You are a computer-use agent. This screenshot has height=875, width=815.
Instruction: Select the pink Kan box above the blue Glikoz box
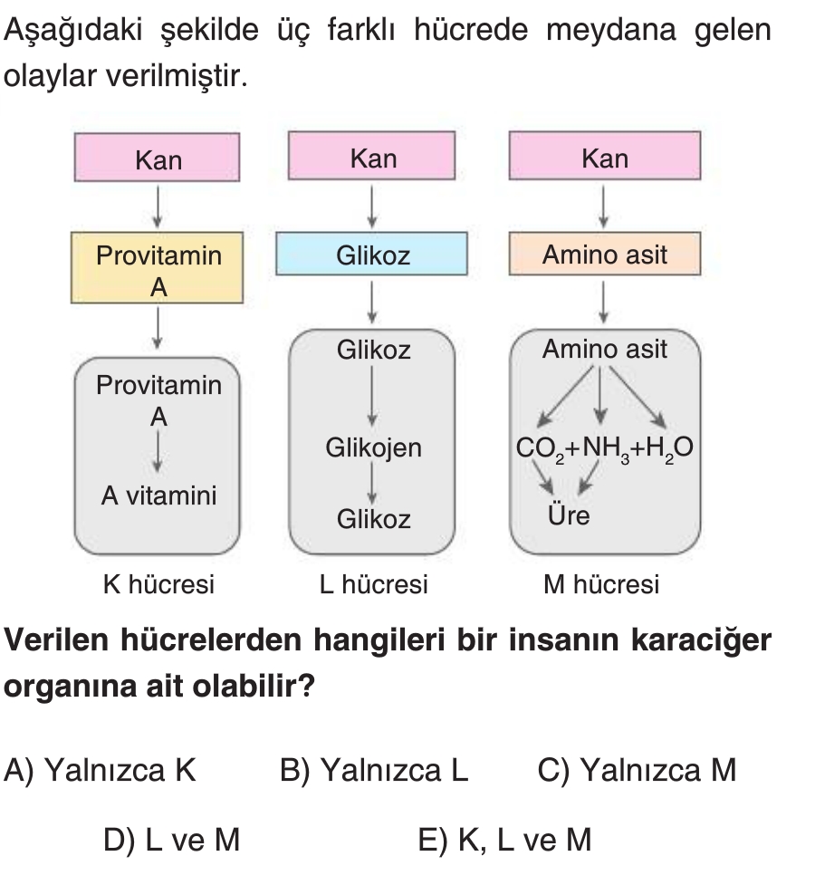[373, 159]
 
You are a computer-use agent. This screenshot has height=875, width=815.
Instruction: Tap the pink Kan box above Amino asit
[605, 159]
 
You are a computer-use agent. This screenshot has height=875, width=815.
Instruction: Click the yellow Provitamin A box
[158, 269]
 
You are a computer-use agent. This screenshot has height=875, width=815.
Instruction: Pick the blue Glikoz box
[373, 255]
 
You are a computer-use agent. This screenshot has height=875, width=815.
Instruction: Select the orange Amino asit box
[605, 255]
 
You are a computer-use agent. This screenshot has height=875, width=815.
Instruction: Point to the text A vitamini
[158, 495]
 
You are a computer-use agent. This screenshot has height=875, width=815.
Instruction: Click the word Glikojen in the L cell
[373, 447]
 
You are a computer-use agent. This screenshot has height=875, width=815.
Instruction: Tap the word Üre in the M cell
[568, 516]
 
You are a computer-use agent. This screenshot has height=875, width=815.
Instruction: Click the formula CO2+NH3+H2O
[604, 447]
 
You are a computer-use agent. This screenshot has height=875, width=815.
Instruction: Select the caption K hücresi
[158, 584]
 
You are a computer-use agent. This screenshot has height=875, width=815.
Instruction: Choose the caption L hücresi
[373, 584]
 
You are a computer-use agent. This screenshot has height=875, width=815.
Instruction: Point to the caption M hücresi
[601, 584]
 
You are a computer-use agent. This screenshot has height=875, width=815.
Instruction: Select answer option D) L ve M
[171, 841]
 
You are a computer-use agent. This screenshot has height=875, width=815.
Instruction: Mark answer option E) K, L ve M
[504, 841]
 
